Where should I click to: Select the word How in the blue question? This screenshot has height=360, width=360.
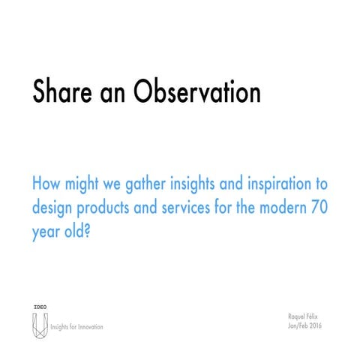pyautogui.click(x=46, y=184)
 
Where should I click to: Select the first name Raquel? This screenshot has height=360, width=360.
pyautogui.click(x=298, y=318)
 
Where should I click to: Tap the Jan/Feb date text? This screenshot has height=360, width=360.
pyautogui.click(x=298, y=327)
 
